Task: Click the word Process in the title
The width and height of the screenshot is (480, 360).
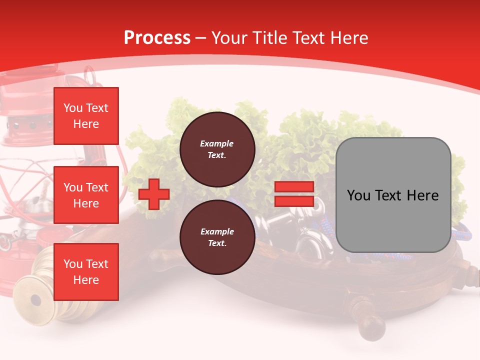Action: click(157, 38)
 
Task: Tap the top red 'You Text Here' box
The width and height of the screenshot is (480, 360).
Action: click(86, 116)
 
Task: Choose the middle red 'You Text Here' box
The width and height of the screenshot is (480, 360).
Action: click(86, 195)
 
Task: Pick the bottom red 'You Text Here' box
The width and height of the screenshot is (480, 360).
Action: click(86, 271)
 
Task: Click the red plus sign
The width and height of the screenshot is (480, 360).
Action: click(154, 194)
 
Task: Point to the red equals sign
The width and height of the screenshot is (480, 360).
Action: click(294, 194)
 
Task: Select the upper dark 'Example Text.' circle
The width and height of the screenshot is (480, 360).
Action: click(217, 149)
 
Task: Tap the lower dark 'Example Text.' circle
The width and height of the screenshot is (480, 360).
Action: click(217, 237)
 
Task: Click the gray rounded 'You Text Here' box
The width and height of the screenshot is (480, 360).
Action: click(393, 195)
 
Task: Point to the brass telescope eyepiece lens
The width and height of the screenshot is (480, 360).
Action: click(35, 300)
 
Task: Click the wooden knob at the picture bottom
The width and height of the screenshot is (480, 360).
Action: click(372, 327)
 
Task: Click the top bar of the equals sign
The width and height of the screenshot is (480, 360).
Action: click(294, 187)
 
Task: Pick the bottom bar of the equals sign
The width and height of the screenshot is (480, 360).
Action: click(294, 201)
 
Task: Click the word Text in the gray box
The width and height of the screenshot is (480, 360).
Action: click(392, 195)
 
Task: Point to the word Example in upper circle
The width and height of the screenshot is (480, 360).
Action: click(216, 144)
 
